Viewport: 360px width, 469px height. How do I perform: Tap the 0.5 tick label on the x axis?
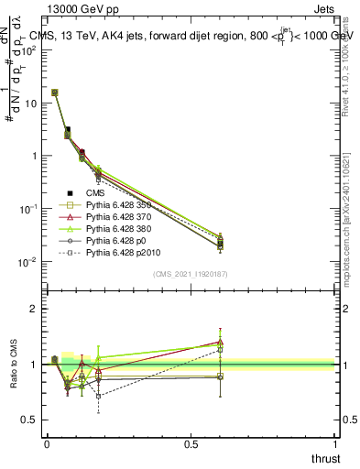point(191,443)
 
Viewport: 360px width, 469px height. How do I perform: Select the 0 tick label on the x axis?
point(47,443)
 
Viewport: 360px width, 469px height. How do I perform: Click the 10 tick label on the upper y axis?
point(30,103)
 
